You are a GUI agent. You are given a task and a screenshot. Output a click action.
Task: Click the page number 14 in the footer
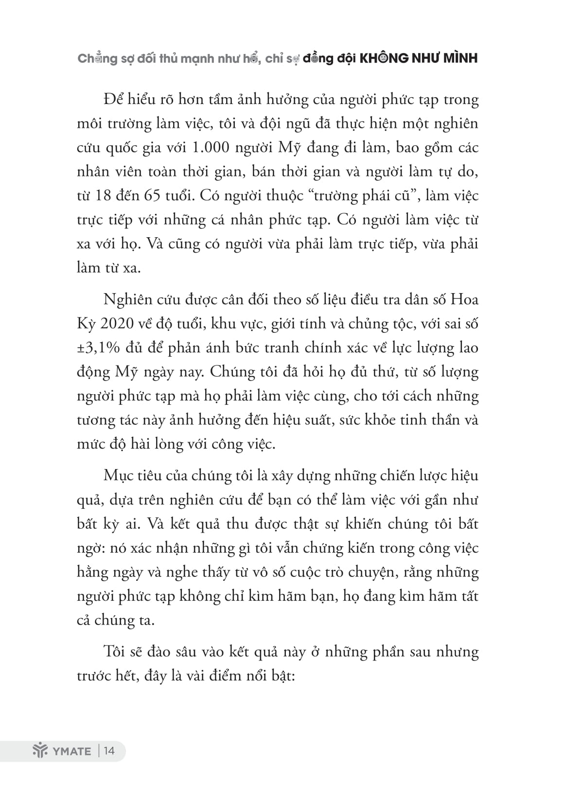coord(109,750)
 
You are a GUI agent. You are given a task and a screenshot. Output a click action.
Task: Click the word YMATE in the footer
coord(71,751)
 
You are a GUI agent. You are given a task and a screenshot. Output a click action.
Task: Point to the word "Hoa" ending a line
coord(465,299)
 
